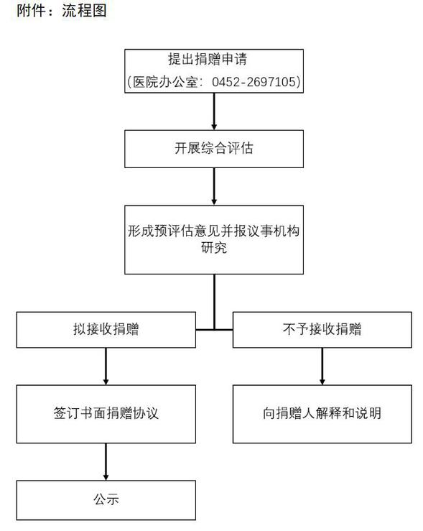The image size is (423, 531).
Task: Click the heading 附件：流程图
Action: point(62,11)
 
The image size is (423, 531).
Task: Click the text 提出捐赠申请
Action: point(208,59)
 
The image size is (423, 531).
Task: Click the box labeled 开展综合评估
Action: point(214,149)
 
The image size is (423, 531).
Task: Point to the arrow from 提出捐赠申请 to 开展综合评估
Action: point(214,111)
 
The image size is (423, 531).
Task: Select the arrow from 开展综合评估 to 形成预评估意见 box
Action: point(214,186)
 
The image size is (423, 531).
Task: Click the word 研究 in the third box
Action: point(214,248)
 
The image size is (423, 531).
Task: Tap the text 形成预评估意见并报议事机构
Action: point(214,231)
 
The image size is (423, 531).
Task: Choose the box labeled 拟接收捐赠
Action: point(106,330)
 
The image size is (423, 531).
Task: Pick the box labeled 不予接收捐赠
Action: point(322,330)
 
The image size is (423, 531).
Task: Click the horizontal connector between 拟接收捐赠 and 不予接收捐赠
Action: point(214,330)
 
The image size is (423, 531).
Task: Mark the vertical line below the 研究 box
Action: point(214,301)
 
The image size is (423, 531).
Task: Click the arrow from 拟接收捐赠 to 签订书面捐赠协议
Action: point(106,366)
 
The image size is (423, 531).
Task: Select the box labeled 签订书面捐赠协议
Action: point(106,414)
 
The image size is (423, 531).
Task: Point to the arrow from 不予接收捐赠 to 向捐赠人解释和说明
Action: point(322,366)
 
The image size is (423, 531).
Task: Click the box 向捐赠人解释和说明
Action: point(322,414)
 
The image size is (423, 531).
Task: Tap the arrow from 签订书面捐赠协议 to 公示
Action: point(106,461)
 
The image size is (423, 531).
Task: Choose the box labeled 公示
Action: point(106,500)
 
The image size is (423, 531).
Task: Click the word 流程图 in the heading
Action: point(85,11)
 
